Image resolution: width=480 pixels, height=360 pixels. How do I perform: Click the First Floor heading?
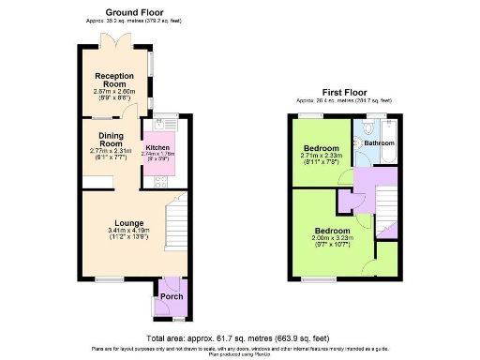pyautogui.click(x=343, y=92)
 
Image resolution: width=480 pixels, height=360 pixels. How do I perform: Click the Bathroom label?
pyautogui.click(x=380, y=143)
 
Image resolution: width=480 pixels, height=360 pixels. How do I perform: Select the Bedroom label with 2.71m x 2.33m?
pyautogui.click(x=320, y=147)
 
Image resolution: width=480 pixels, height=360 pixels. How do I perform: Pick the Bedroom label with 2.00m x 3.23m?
pyautogui.click(x=332, y=231)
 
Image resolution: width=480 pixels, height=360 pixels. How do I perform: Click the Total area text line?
pyautogui.click(x=240, y=337)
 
